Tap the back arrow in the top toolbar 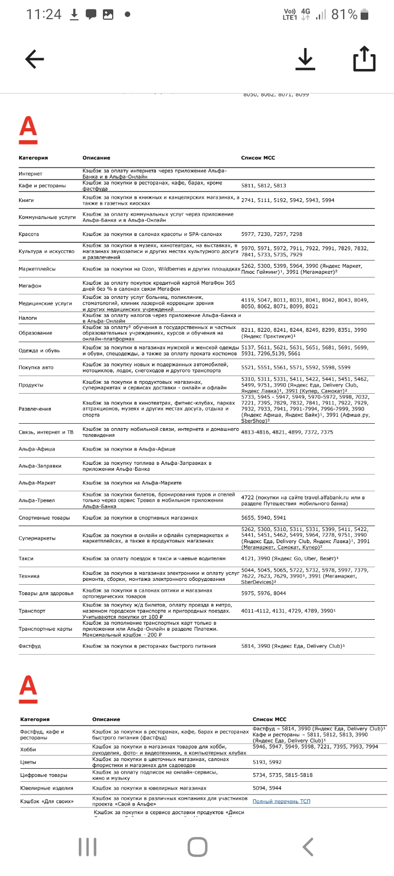[34, 59]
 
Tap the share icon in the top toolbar [364, 59]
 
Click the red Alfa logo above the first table [28, 130]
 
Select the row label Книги [26, 200]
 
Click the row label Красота [29, 234]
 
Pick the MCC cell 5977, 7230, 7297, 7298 [271, 234]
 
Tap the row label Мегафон [30, 286]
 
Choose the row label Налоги [28, 318]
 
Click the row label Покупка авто [37, 367]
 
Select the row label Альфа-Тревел [37, 500]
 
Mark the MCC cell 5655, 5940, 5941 [264, 518]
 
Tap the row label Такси [26, 558]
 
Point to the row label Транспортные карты [45, 629]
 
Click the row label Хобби [28, 750]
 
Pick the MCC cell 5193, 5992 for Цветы [267, 762]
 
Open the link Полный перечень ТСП [281, 802]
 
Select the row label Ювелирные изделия [47, 788]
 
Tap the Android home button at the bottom [197, 847]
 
